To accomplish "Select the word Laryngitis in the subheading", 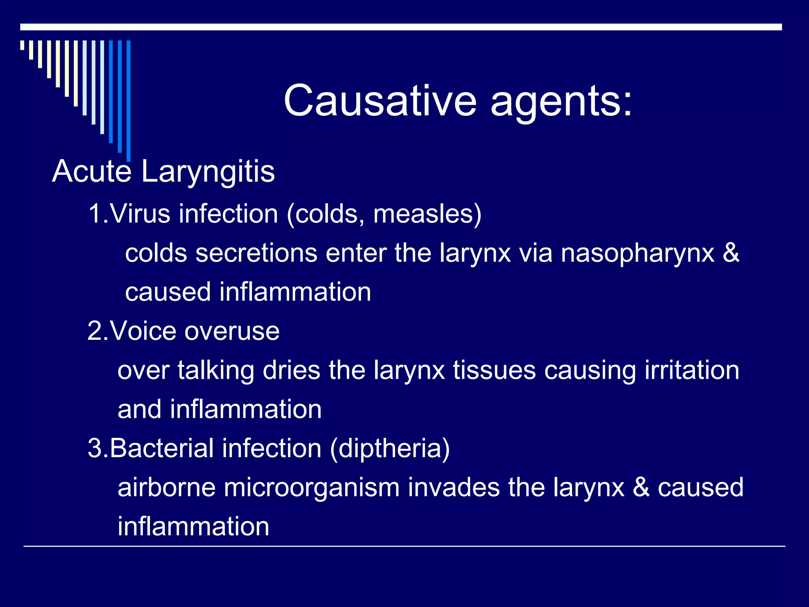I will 208,172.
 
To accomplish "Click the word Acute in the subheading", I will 91,172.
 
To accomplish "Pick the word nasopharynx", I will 638,254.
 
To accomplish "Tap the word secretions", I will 256,253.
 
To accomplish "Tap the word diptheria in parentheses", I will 389,449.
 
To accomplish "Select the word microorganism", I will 312,487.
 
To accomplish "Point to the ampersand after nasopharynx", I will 731,253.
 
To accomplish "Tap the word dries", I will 292,370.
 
